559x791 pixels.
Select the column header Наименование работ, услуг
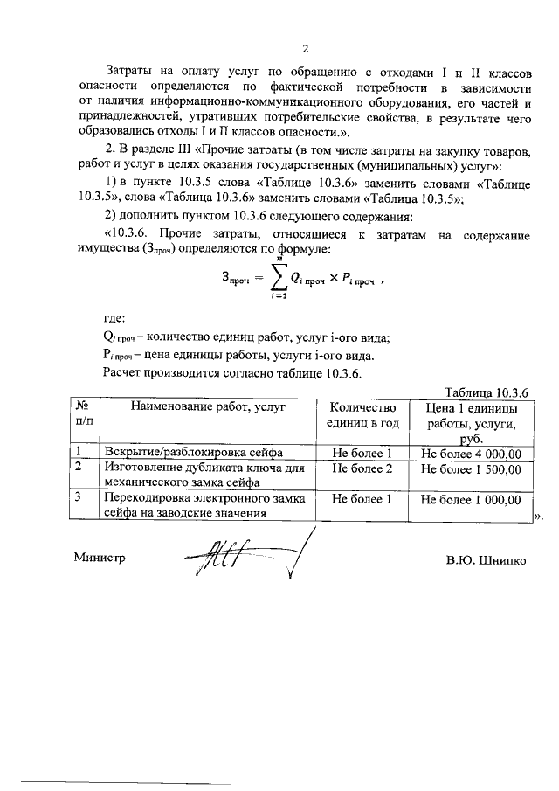(209, 408)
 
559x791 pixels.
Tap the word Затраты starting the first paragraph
(132, 68)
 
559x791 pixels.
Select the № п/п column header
(85, 415)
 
